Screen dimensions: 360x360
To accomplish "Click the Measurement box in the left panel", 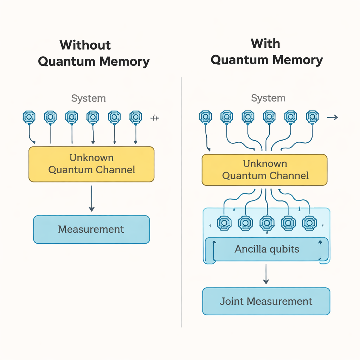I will (91, 230).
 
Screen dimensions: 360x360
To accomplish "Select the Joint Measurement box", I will (266, 301).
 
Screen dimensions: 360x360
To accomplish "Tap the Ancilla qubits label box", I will (266, 249).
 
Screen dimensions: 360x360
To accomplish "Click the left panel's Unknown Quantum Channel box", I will (91, 164).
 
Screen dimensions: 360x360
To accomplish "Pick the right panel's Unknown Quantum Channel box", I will (265, 170).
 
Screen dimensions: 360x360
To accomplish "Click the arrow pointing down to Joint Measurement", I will (266, 274).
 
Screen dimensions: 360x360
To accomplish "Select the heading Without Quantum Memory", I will (94, 53).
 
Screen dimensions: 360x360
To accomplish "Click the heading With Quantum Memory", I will (266, 52).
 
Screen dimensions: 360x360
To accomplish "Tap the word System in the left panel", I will (88, 98).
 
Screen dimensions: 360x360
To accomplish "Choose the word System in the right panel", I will (268, 98).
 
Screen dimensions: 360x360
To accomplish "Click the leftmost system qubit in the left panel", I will (29, 117).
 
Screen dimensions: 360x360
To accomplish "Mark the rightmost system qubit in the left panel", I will (136, 117).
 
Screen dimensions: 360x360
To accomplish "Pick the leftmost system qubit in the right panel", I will (205, 117).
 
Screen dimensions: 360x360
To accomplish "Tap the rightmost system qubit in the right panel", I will (312, 117).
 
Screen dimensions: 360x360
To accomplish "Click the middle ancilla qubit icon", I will (266, 223).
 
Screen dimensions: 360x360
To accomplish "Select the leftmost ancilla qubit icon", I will (224, 223).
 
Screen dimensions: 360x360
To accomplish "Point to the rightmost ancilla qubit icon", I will (309, 223).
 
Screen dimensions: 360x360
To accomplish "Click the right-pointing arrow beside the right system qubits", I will (333, 117).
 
